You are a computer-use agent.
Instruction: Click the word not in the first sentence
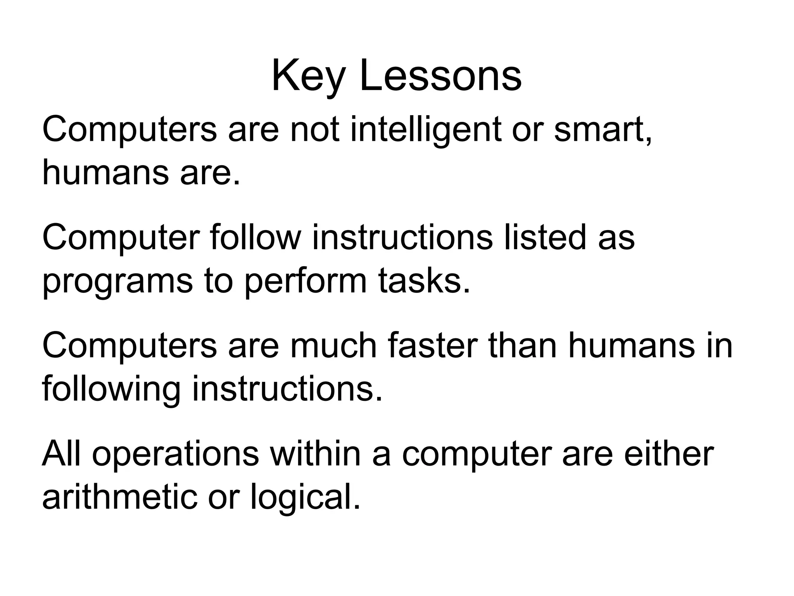point(314,130)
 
